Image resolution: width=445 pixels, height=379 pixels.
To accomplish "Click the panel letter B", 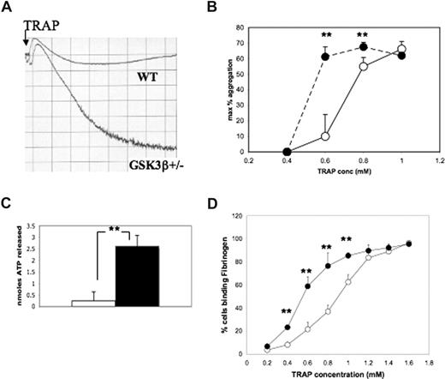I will (225, 9).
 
